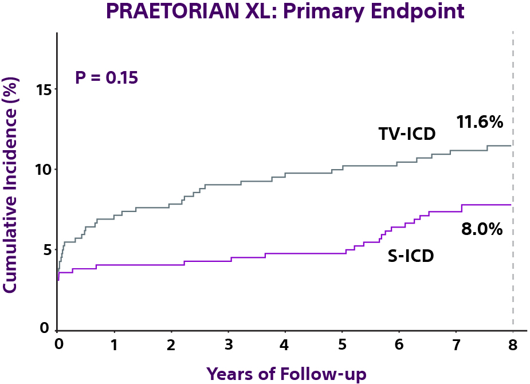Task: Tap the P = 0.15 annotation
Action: pos(107,77)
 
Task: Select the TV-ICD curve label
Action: pos(407,134)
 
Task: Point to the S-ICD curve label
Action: pos(411,256)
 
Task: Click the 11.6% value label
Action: pos(480,122)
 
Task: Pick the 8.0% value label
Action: pos(482,229)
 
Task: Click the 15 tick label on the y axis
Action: pos(44,90)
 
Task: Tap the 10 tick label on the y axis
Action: pos(44,170)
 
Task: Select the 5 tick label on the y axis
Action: pos(48,250)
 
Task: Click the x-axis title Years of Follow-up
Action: pos(286,373)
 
